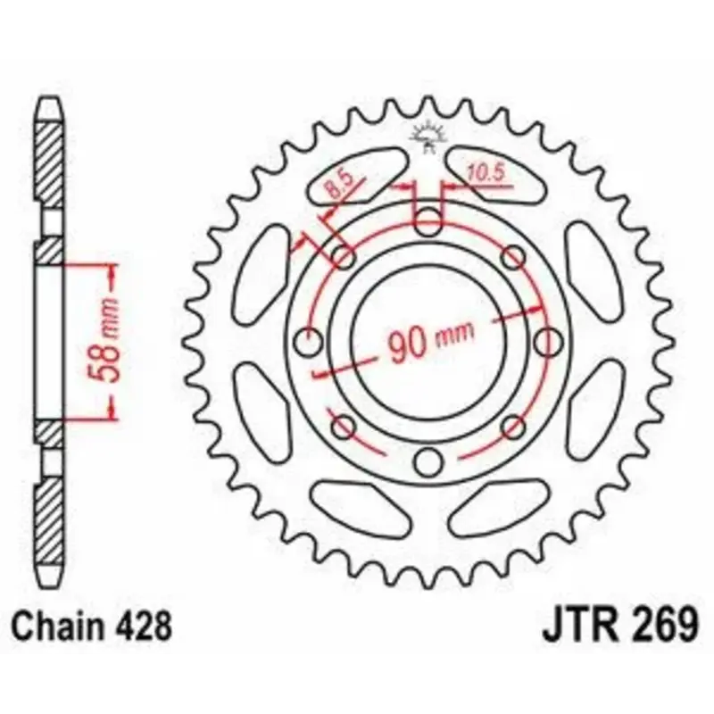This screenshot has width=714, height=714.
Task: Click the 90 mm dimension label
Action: (x=431, y=341)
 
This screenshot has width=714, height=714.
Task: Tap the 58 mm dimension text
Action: (x=104, y=340)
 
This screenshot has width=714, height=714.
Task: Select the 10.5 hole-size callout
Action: (x=486, y=172)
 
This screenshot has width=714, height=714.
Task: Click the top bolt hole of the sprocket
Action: (x=428, y=221)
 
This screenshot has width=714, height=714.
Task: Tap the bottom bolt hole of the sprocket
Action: (x=428, y=461)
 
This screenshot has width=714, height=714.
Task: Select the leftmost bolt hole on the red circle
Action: (x=308, y=341)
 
